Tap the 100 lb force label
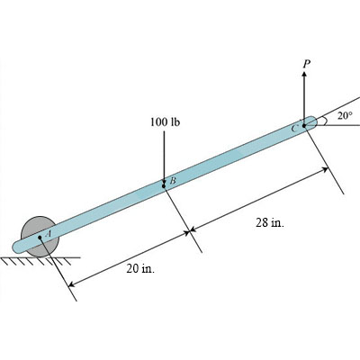click(x=165, y=121)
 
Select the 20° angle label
click(x=345, y=116)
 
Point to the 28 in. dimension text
click(x=269, y=223)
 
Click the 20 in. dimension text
click(x=139, y=269)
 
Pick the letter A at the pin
click(x=49, y=232)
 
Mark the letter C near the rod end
click(x=294, y=129)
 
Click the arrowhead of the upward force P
click(x=305, y=75)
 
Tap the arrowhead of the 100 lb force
click(x=164, y=183)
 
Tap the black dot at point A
click(x=40, y=238)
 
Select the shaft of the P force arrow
click(x=305, y=99)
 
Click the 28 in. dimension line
click(x=261, y=202)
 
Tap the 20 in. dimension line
click(x=126, y=258)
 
